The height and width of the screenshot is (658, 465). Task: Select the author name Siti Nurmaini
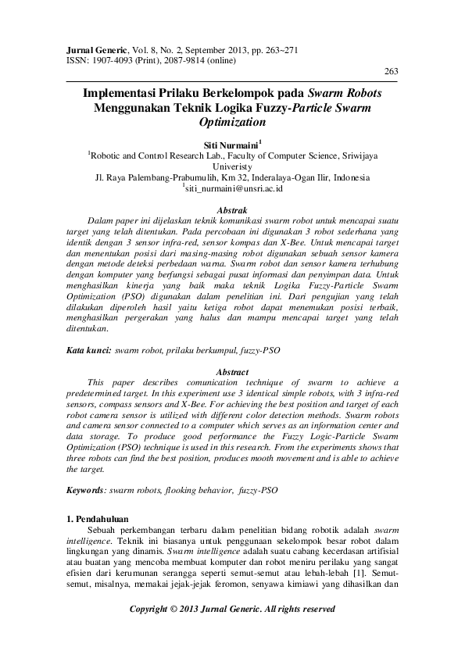231,145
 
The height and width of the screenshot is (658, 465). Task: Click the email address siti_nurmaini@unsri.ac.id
234,188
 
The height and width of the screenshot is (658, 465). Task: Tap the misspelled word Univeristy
232,166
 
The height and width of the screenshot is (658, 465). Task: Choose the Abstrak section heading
232,210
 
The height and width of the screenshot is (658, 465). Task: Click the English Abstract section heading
232,372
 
